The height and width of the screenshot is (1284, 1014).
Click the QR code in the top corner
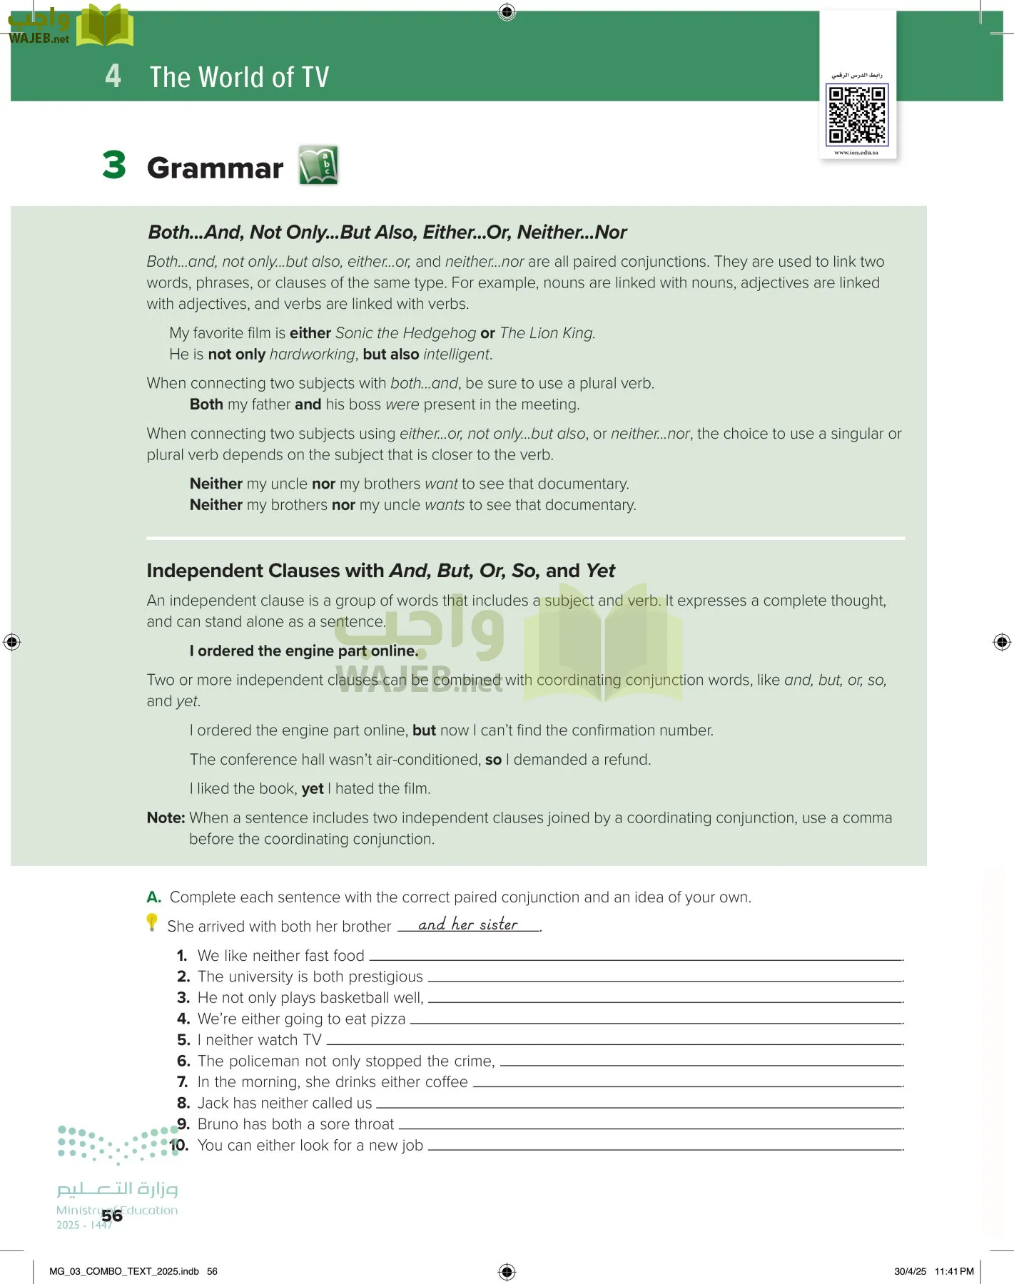[x=856, y=114]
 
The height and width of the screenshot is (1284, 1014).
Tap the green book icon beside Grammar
[x=318, y=165]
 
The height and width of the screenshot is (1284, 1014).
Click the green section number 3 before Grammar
[x=114, y=165]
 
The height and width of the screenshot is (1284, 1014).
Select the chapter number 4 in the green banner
[x=113, y=76]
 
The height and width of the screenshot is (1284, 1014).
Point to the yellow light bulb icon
[x=152, y=922]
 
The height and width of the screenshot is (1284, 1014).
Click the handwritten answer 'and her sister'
[x=468, y=924]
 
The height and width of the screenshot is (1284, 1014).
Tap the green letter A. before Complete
[x=153, y=897]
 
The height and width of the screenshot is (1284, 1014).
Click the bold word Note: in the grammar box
[x=166, y=818]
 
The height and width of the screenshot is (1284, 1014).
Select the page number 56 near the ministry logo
[x=112, y=1216]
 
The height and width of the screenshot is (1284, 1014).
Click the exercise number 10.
[x=179, y=1146]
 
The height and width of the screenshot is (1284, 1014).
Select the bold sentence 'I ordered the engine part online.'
[x=303, y=651]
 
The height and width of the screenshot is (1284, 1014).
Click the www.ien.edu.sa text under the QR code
[x=856, y=153]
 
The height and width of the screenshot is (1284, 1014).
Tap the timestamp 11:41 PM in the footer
[x=954, y=1271]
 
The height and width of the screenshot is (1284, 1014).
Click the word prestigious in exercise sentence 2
[x=385, y=977]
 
